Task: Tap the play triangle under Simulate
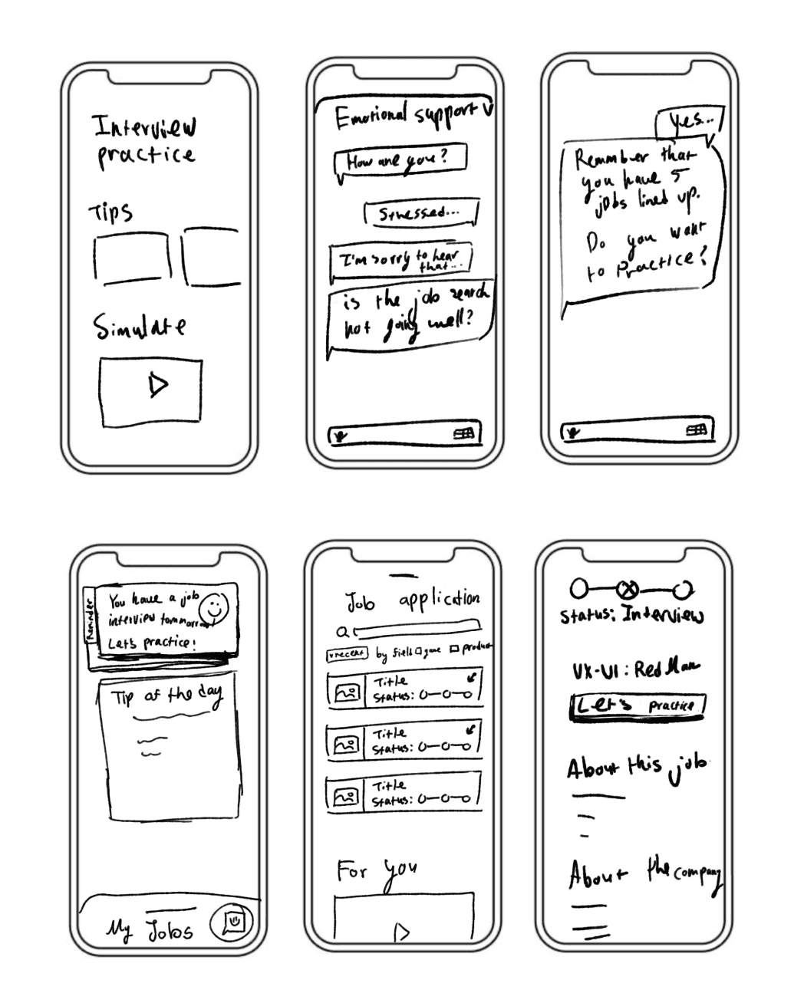click(x=158, y=385)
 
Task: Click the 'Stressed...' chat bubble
click(x=421, y=214)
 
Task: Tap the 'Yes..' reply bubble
click(x=688, y=121)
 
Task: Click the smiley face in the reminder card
click(x=215, y=609)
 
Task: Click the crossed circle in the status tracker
click(x=628, y=590)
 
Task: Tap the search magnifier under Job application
click(x=345, y=633)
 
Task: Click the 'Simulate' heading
click(x=140, y=327)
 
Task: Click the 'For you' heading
click(x=377, y=872)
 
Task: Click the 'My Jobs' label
click(x=150, y=930)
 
